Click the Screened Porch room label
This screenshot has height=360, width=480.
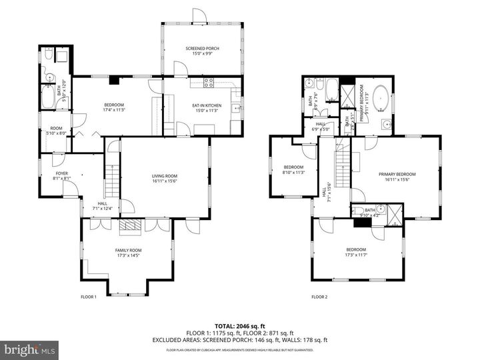tap(202, 49)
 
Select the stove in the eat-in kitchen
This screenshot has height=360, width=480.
tap(207, 83)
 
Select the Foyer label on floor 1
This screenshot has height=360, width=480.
tap(62, 174)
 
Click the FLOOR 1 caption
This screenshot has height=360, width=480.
tap(89, 297)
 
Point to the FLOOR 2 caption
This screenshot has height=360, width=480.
tap(320, 297)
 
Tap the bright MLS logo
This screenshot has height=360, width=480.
tap(29, 349)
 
